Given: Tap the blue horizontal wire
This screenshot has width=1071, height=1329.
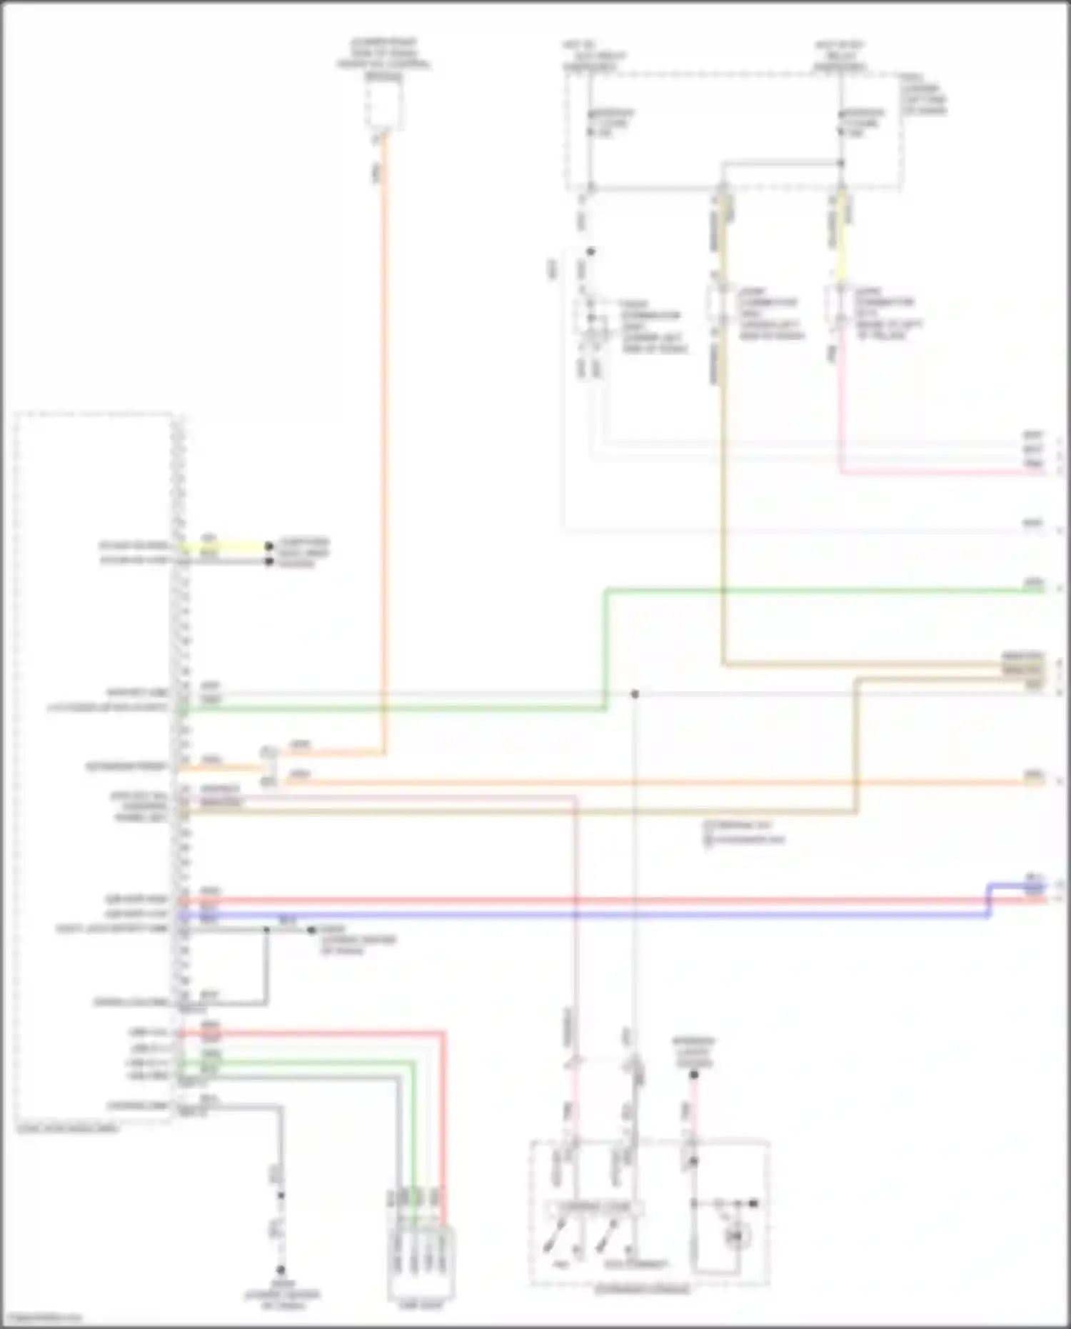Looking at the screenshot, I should (x=571, y=915).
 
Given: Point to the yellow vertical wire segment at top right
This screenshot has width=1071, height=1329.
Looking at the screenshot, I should (x=841, y=236).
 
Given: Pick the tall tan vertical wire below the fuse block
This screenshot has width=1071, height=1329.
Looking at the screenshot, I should (x=723, y=500).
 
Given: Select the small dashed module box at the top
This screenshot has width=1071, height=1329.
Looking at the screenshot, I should (x=384, y=104).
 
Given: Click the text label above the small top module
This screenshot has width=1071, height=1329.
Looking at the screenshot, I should (x=383, y=57).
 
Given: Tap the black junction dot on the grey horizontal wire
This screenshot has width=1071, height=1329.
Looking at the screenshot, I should (x=634, y=694).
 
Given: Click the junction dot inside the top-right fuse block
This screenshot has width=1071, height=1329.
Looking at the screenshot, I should (x=841, y=164).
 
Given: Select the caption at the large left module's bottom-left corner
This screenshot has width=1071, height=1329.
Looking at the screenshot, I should (x=68, y=1129).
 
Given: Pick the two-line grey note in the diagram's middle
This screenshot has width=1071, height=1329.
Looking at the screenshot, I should (x=743, y=833).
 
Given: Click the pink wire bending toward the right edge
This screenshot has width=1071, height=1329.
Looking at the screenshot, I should (x=928, y=472).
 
